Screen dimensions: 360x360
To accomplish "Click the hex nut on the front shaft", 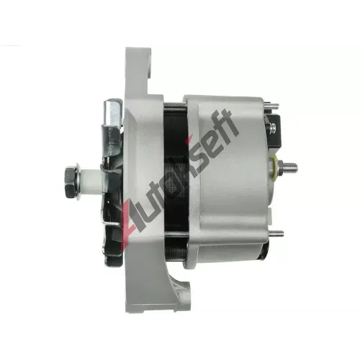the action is (70, 182).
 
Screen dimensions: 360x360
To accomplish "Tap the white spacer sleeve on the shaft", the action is (91, 182).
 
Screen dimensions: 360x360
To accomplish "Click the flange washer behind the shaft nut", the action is (78, 182).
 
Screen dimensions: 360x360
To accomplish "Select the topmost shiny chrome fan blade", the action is (113, 113).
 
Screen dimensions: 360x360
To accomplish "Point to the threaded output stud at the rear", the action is (289, 166).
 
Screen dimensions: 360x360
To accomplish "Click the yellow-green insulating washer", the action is (274, 166).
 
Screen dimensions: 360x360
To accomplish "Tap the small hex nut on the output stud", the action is (279, 166).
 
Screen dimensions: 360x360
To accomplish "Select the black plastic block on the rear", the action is (274, 131).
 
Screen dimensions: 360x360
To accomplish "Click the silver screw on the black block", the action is (272, 127).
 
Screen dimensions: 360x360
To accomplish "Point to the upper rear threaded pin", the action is (271, 105).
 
